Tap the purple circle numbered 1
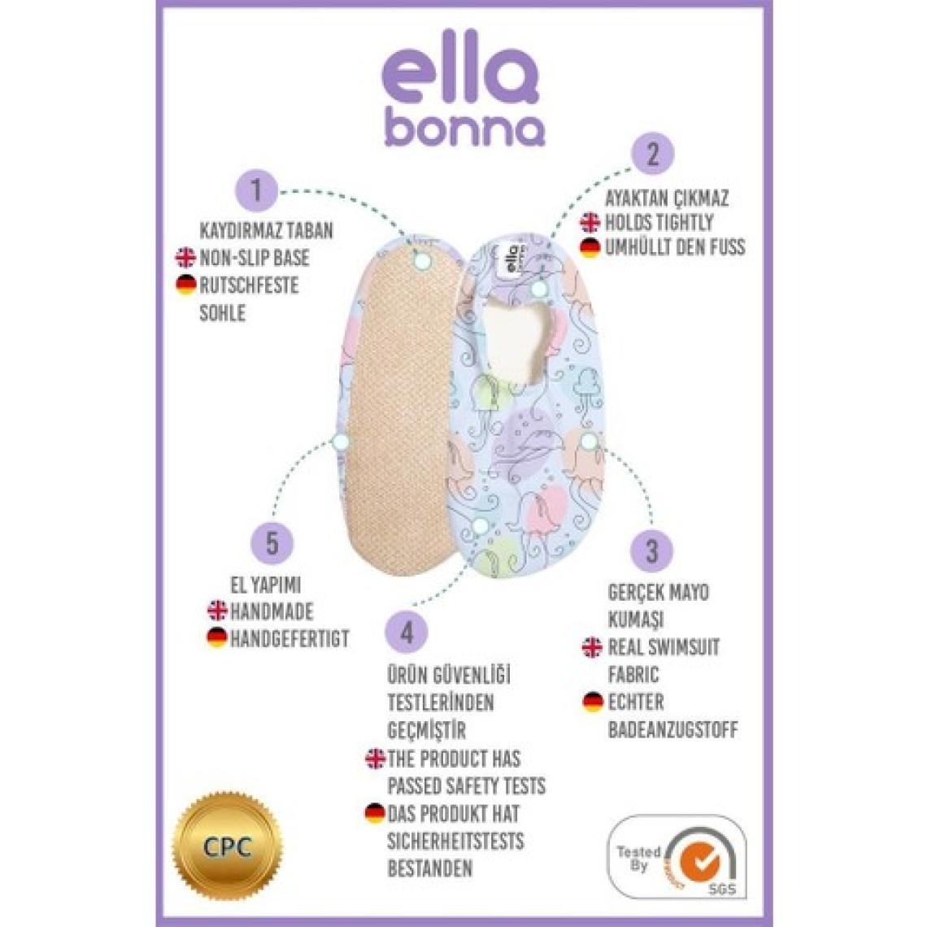pyautogui.click(x=256, y=192)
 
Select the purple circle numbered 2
pyautogui.click(x=651, y=154)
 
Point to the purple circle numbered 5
pyautogui.click(x=272, y=542)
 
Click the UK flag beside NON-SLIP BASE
pyautogui.click(x=186, y=259)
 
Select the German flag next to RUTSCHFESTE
pyautogui.click(x=186, y=285)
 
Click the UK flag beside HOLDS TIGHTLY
pyautogui.click(x=590, y=222)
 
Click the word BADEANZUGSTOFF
pyautogui.click(x=672, y=729)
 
